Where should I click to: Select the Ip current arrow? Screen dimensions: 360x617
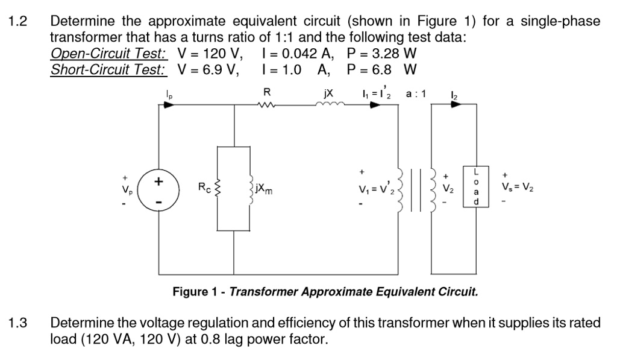(168, 104)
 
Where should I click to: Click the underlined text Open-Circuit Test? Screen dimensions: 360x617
(108, 54)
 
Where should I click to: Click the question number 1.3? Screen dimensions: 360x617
(22, 323)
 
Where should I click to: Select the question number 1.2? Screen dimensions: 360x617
(22, 22)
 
